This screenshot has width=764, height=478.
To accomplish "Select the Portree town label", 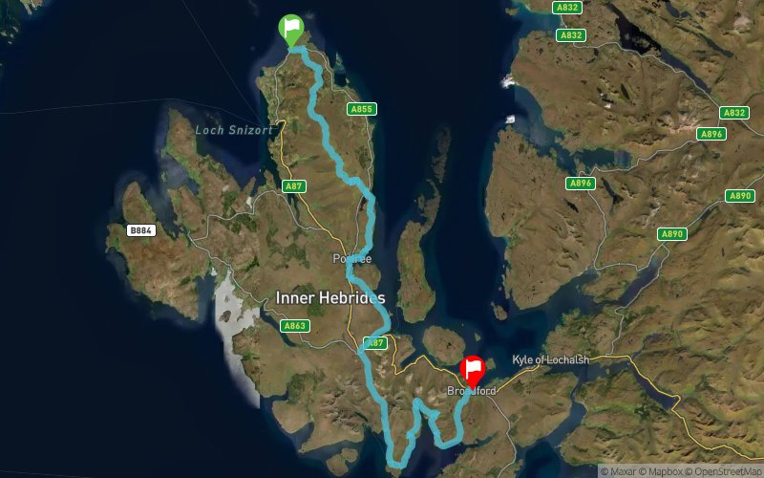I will click(350, 259).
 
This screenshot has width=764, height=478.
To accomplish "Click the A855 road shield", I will click(361, 109).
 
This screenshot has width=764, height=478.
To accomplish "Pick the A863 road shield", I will click(295, 326).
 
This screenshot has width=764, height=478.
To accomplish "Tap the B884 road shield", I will click(141, 230).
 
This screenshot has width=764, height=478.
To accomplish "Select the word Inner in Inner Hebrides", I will click(294, 297).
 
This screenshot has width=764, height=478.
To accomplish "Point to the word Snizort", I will click(250, 130).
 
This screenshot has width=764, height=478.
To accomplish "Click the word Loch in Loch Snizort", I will click(210, 130).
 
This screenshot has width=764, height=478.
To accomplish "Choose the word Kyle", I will click(521, 359).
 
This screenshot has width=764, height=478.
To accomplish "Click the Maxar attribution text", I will click(620, 470).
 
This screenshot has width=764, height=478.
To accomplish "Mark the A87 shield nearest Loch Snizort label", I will click(293, 186).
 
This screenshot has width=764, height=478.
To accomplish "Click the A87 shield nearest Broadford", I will click(375, 342).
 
